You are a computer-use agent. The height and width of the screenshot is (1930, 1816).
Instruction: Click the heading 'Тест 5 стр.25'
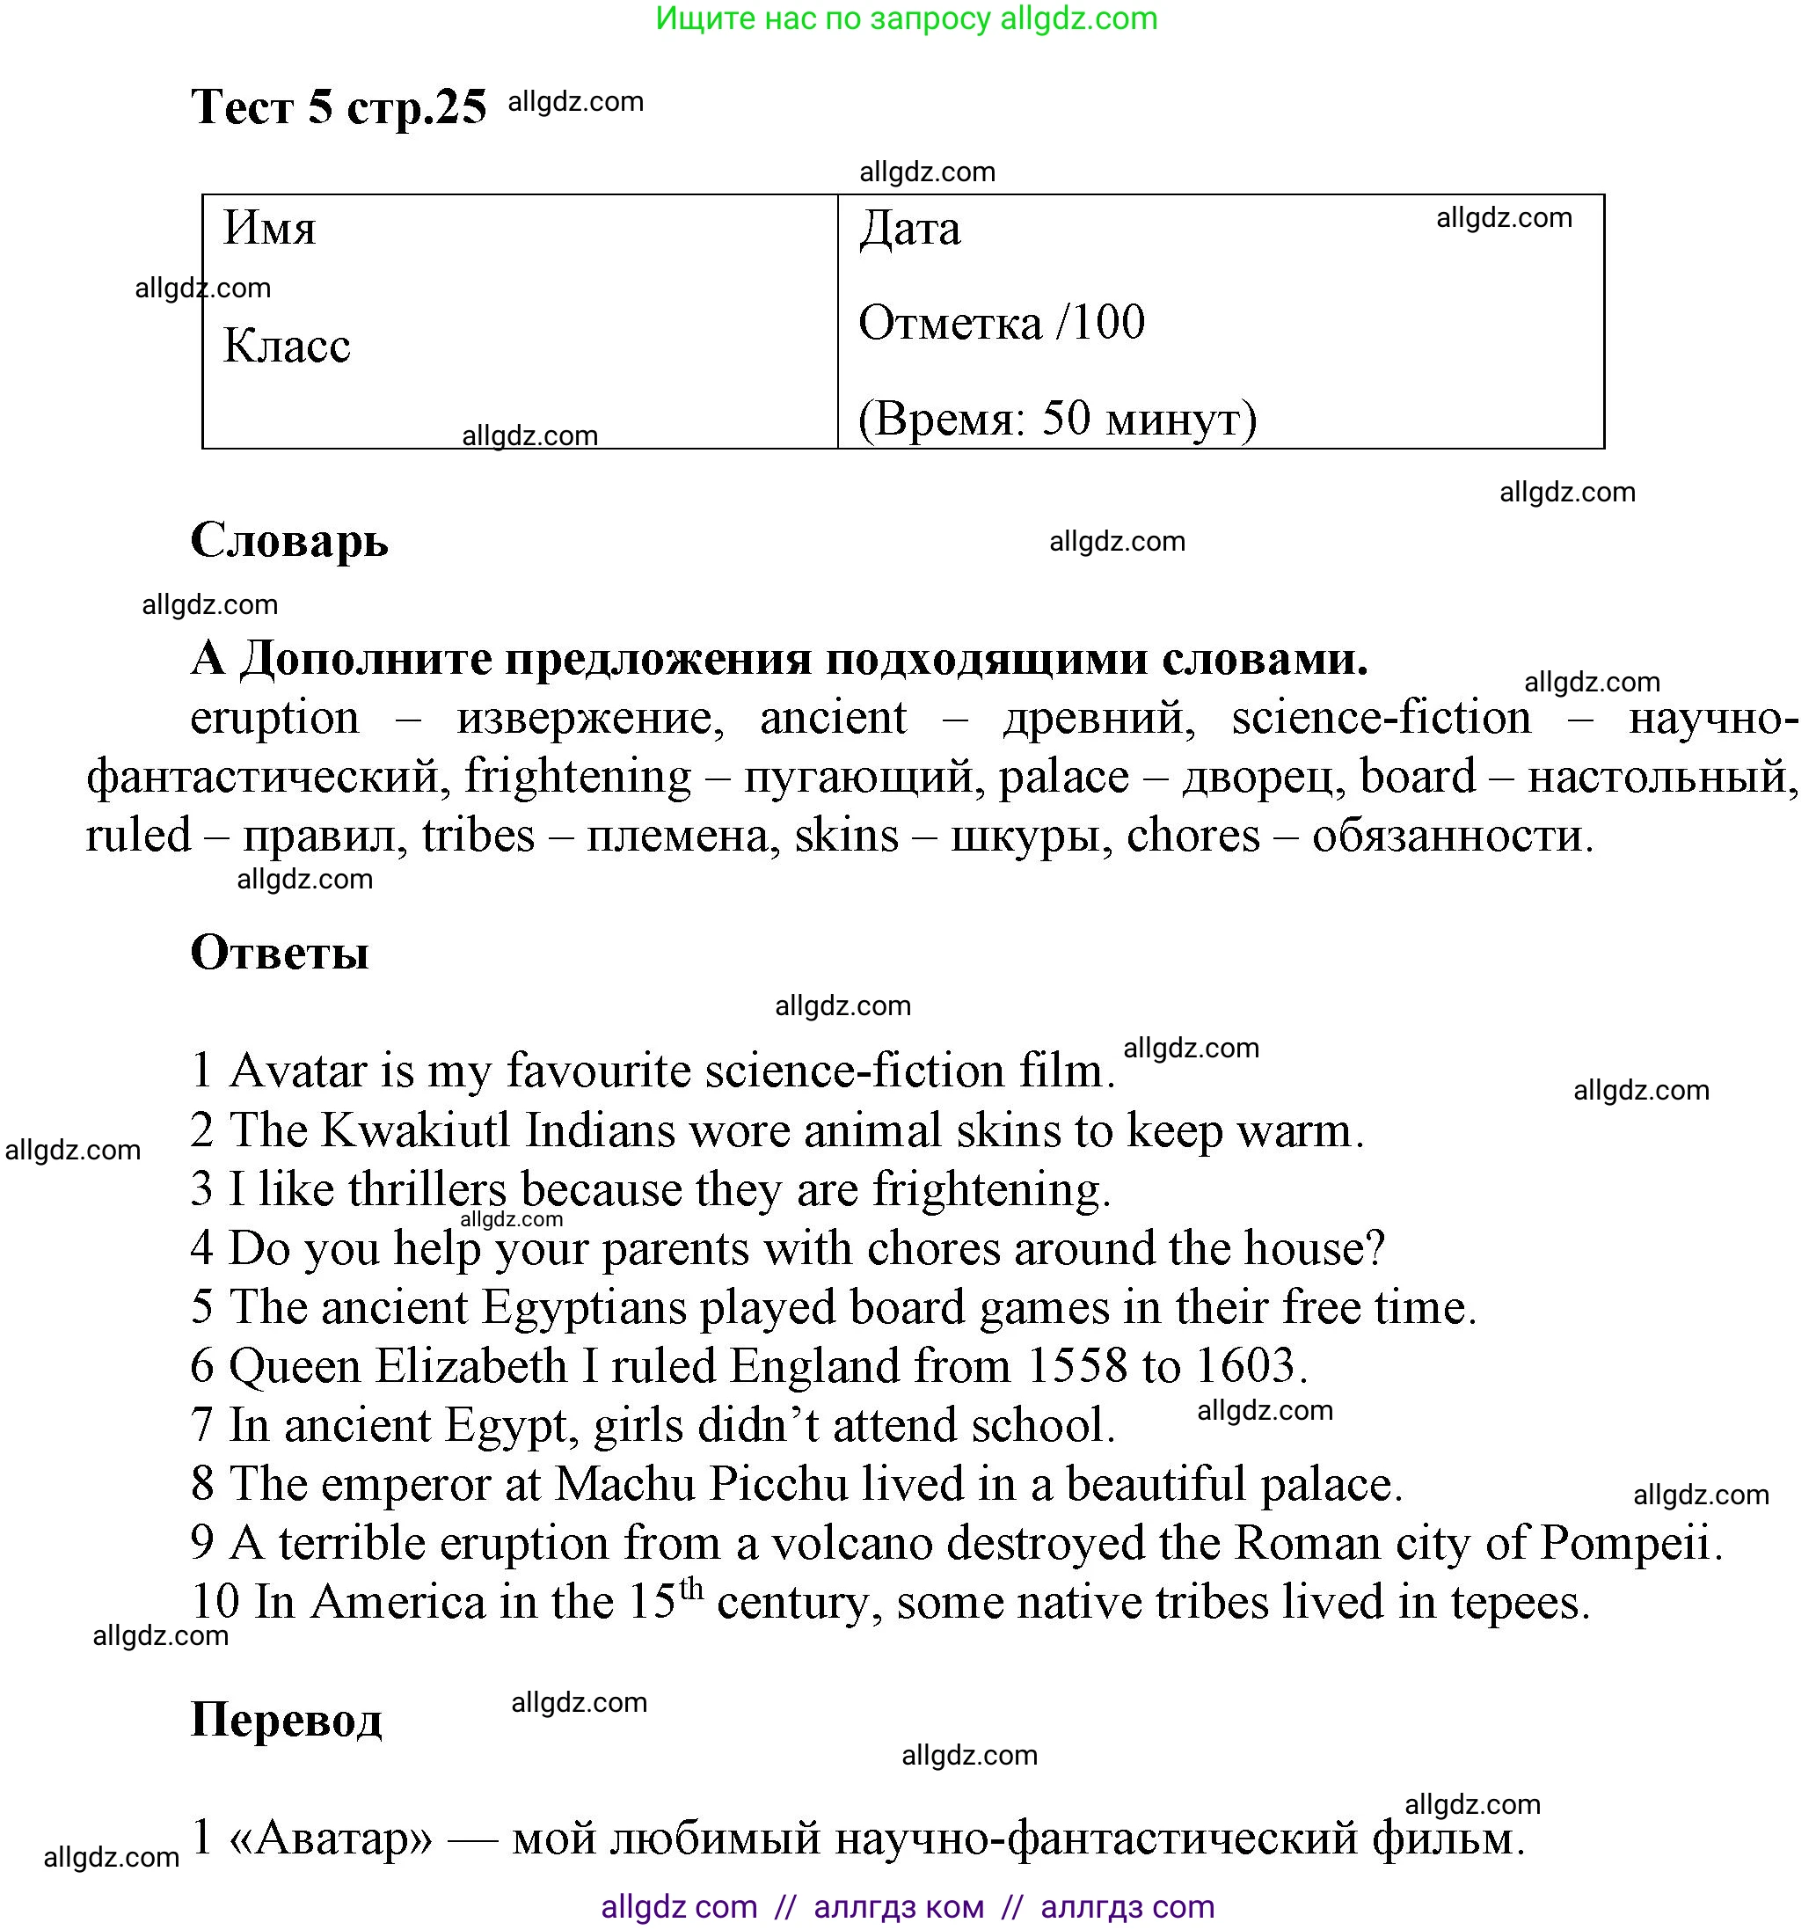[338, 106]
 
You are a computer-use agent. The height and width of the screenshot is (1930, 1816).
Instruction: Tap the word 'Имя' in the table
[270, 229]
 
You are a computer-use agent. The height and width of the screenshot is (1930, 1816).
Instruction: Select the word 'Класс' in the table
[287, 346]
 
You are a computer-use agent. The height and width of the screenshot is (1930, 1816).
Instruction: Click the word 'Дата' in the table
[909, 229]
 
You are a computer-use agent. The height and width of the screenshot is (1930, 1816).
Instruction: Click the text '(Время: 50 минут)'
[1057, 420]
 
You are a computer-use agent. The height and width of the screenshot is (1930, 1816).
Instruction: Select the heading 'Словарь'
[289, 540]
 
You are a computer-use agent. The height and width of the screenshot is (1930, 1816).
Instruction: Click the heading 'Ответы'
[280, 953]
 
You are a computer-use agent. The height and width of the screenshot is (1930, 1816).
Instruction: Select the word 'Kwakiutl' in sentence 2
[416, 1131]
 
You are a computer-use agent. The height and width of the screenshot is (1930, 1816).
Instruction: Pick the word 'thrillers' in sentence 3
[427, 1190]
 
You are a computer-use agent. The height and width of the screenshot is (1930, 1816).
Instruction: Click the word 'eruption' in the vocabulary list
[274, 720]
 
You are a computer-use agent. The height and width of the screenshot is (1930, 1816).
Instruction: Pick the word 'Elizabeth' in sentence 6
[470, 1367]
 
